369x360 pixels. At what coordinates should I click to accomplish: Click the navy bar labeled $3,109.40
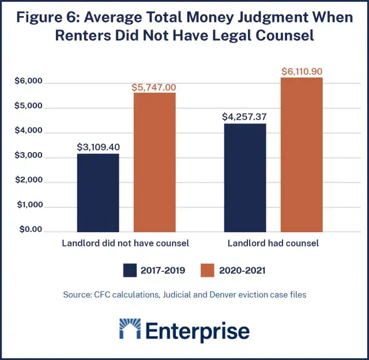[97, 192]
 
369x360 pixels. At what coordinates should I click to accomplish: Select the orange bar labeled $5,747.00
[155, 162]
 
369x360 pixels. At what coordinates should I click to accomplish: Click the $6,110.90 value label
[302, 71]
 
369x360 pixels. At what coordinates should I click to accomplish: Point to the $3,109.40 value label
[98, 147]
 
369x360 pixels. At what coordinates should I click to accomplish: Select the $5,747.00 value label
[155, 87]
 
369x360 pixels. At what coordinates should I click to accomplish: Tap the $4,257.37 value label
[244, 117]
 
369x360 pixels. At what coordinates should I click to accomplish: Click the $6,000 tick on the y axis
[29, 82]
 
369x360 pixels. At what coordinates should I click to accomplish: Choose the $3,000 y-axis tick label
[29, 156]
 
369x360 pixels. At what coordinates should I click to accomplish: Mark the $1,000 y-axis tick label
[29, 206]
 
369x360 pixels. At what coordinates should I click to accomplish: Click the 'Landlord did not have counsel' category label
[126, 244]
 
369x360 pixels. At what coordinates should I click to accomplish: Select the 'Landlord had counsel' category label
[273, 244]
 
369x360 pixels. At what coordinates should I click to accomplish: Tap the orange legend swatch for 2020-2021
[209, 270]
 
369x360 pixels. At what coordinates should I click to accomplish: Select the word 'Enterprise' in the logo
[197, 331]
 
